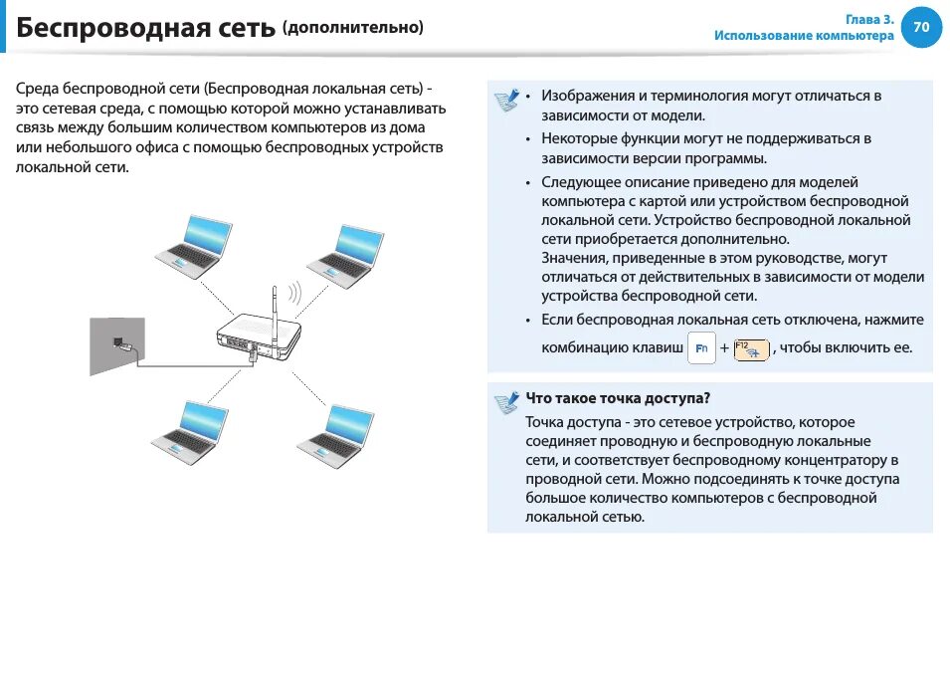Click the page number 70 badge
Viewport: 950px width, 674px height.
[x=921, y=28]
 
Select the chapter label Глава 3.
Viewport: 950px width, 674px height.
[x=869, y=19]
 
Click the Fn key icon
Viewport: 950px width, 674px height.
[x=701, y=347]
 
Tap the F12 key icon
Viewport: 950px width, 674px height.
[x=751, y=348]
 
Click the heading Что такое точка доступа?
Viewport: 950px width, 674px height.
[x=618, y=398]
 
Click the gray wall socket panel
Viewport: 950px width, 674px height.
[x=117, y=344]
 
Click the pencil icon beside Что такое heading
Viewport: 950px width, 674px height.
[x=506, y=401]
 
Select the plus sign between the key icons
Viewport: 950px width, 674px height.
[x=724, y=348]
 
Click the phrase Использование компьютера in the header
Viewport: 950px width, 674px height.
[x=804, y=36]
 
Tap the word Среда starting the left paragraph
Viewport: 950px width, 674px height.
[x=36, y=88]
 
